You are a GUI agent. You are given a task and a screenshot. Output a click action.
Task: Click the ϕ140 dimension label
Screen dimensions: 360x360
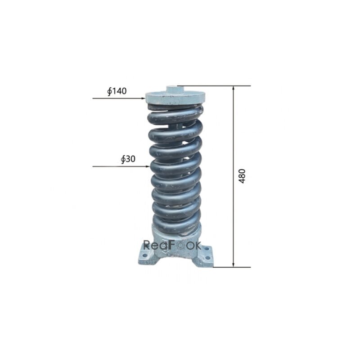click(117, 91)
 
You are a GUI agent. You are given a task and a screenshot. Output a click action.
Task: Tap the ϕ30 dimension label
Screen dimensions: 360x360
click(128, 160)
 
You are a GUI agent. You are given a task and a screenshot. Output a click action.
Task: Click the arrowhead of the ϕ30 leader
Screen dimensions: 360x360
click(148, 166)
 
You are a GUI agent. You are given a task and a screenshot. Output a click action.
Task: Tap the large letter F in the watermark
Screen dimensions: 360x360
click(173, 245)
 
